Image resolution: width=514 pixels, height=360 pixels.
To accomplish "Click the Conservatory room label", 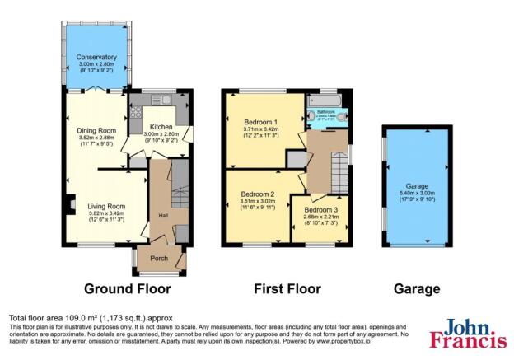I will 97,57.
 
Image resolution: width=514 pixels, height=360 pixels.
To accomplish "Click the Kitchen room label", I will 161,126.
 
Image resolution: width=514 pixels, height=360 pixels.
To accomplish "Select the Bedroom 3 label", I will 322,210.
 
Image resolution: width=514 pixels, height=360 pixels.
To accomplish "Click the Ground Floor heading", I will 128,289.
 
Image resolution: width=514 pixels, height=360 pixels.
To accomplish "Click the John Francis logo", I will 469,333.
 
